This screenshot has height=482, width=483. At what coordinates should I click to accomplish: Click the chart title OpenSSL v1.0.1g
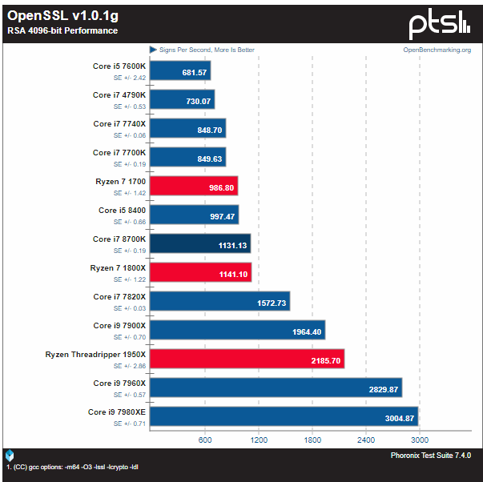[x=62, y=16]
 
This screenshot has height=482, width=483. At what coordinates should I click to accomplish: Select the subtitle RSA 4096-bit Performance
[x=62, y=30]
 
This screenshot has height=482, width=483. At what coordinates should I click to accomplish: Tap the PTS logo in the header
[x=439, y=24]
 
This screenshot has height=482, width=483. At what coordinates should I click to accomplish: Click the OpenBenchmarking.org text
[x=437, y=50]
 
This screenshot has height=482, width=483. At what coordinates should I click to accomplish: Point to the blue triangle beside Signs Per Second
[x=153, y=50]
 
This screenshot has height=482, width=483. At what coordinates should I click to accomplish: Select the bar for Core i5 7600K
[x=180, y=70]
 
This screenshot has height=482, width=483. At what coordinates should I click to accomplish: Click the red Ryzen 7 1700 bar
[x=194, y=186]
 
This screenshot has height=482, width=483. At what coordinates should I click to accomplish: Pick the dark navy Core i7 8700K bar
[x=200, y=243]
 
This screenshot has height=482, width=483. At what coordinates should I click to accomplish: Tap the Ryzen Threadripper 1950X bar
[x=247, y=359]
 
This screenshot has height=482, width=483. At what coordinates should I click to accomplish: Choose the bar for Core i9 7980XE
[x=284, y=416]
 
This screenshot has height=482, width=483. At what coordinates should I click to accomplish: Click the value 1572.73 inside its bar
[x=272, y=303]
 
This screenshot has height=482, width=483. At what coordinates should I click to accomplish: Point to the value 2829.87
[x=384, y=390]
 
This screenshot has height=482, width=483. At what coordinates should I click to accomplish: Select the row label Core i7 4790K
[x=119, y=95]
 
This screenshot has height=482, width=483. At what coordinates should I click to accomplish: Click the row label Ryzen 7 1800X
[x=118, y=268]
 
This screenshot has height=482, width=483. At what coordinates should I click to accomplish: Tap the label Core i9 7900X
[x=119, y=326]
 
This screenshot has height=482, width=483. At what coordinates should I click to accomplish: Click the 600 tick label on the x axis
[x=205, y=440]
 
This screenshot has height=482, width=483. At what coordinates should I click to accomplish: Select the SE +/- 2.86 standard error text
[x=130, y=366]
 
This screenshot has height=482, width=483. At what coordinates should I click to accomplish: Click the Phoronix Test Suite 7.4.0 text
[x=431, y=456]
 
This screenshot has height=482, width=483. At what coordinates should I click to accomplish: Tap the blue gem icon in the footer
[x=10, y=456]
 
